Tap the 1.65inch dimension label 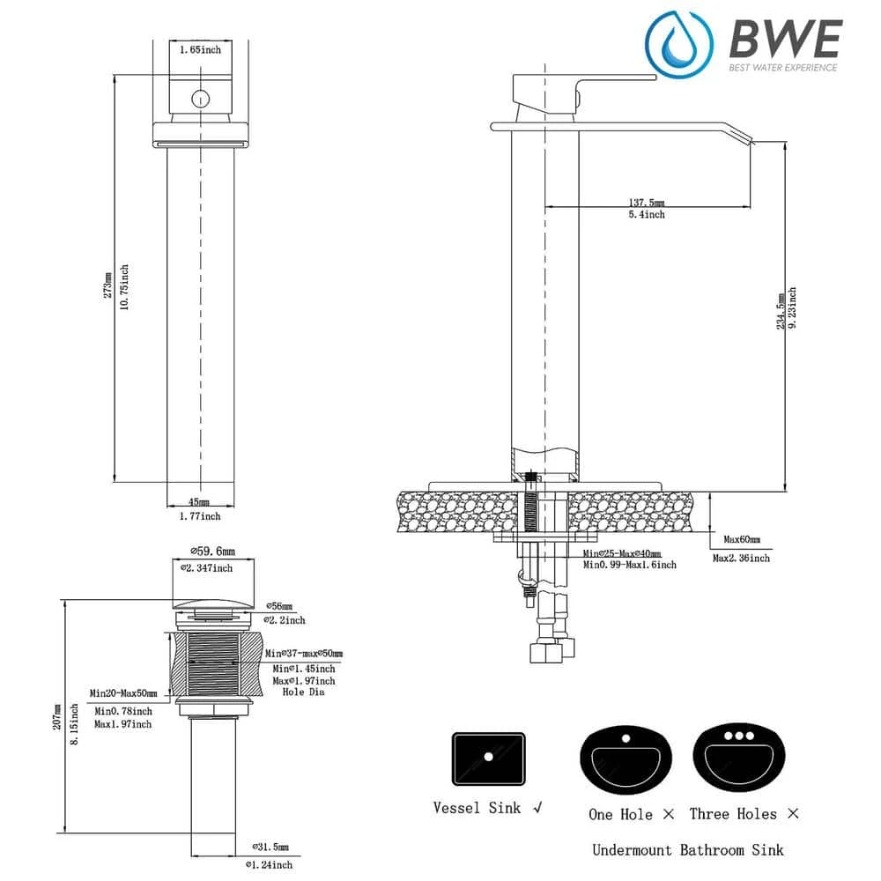pos(200,50)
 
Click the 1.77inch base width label pos(200,516)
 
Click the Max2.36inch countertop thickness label pos(741,558)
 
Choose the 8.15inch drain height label pos(75,724)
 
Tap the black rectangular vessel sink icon pos(488,759)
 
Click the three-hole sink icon pos(738,759)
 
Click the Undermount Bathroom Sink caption pos(687,850)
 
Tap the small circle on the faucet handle pos(200,99)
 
